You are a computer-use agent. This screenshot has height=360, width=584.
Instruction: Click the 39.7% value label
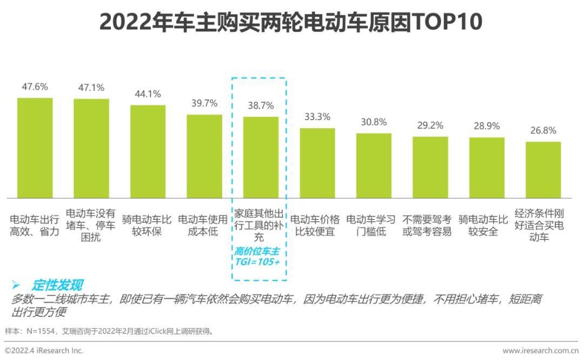(x=204, y=103)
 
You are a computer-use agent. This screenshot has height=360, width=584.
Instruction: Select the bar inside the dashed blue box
(x=261, y=157)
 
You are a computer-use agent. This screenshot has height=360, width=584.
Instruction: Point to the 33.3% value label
(x=317, y=117)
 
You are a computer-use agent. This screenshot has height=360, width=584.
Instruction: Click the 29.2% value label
(x=430, y=125)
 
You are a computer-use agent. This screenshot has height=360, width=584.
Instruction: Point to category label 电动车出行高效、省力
(x=35, y=225)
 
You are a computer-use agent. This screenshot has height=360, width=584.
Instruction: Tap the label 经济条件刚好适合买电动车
(x=539, y=225)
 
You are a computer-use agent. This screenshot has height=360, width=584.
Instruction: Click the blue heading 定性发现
(x=57, y=285)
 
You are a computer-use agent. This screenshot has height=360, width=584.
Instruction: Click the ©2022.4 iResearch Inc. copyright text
(x=44, y=350)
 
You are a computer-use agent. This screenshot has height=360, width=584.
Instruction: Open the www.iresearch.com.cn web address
(x=540, y=350)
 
